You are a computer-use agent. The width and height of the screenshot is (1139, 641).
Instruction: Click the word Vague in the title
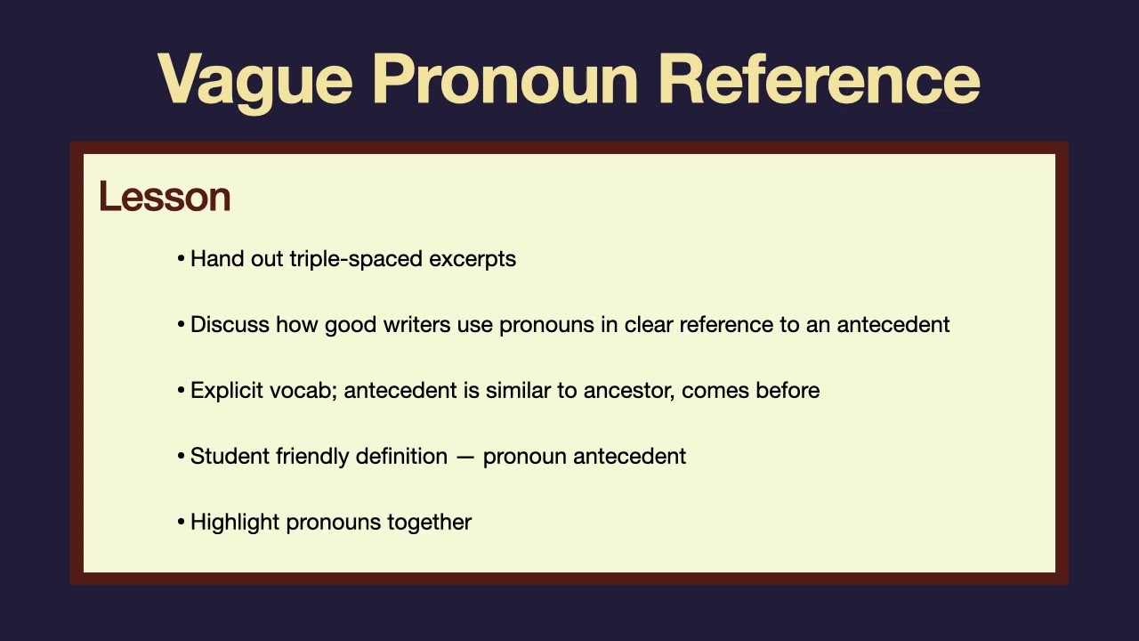pos(254,79)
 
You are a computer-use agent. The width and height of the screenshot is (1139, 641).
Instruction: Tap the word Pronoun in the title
pos(505,79)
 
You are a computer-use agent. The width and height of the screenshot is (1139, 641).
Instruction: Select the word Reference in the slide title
pos(819,79)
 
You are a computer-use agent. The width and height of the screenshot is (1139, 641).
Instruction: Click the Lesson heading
pos(165,196)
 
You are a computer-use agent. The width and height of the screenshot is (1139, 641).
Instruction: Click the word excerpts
pos(473,259)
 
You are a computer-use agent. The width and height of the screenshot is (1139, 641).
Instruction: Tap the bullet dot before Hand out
pos(182,259)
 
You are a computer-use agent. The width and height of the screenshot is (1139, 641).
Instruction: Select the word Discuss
pos(230,325)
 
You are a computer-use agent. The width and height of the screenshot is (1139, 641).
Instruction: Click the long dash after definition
pos(465,457)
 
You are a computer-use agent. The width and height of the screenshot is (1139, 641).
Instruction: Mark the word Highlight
pos(235,523)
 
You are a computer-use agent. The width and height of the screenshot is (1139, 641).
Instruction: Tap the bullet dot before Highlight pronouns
pos(182,523)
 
